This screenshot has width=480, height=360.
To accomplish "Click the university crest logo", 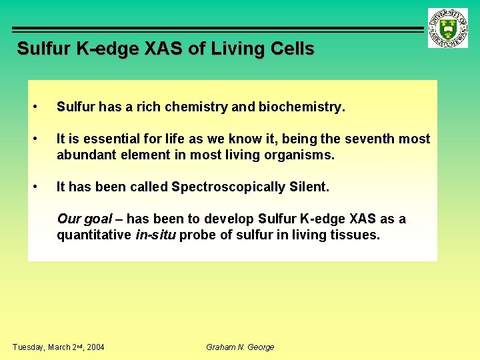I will [x=448, y=28].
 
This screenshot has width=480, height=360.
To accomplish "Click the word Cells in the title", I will [x=293, y=49].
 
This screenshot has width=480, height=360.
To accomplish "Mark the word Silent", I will [x=307, y=187].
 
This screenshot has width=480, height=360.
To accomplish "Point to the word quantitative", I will [x=93, y=235].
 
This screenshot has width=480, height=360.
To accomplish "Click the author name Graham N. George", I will [x=240, y=347].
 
